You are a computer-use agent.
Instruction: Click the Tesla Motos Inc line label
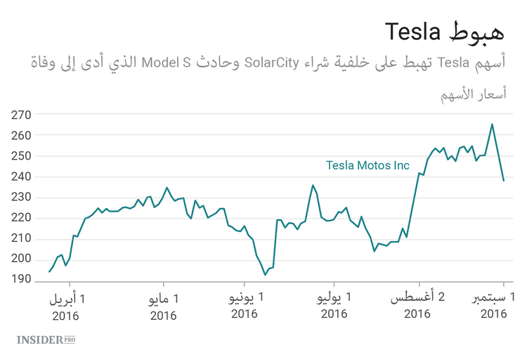pyautogui.click(x=367, y=166)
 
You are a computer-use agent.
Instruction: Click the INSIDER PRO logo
pyautogui.click(x=46, y=340)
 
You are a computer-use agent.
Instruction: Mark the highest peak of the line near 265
pyautogui.click(x=492, y=124)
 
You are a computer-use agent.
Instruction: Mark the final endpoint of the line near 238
pyautogui.click(x=503, y=181)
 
